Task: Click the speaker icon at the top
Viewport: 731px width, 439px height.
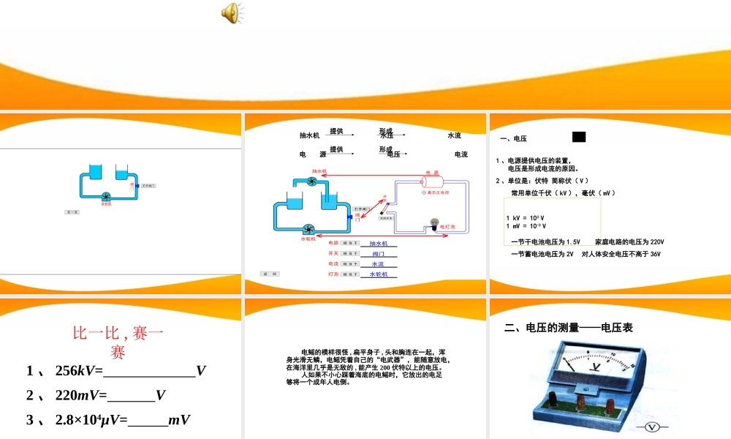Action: [x=232, y=13]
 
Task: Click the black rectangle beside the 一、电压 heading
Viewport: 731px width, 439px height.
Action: [x=579, y=137]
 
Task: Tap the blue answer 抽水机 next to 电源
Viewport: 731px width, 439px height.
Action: [x=378, y=244]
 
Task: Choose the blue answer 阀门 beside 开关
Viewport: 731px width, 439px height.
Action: [x=378, y=254]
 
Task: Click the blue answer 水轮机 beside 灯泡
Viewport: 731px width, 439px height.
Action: [x=378, y=274]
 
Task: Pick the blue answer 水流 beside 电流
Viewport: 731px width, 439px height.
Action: [x=378, y=264]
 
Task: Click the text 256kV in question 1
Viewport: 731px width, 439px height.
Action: [x=79, y=371]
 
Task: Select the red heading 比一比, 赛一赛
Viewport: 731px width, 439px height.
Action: [x=118, y=342]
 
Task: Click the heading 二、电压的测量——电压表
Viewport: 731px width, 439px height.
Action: [x=568, y=328]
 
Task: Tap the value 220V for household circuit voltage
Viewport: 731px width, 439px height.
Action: [x=656, y=242]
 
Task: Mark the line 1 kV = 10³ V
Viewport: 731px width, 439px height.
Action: [x=526, y=218]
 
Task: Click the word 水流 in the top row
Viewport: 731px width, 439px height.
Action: [x=454, y=135]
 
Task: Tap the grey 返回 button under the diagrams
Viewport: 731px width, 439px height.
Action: [x=270, y=274]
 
